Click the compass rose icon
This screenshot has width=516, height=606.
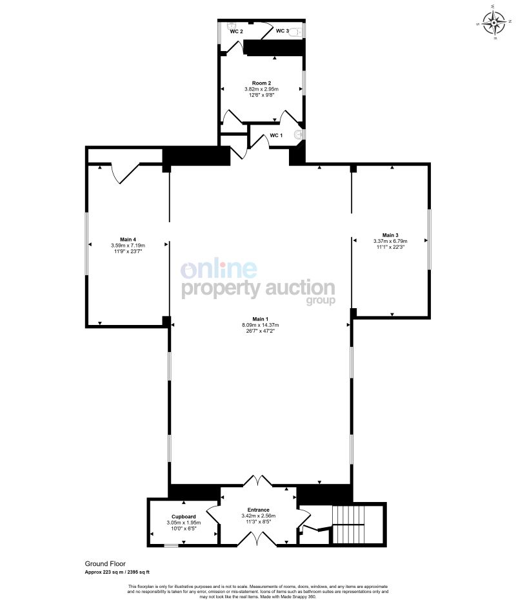pyautogui.click(x=494, y=23)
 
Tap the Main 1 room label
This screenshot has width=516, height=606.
pyautogui.click(x=258, y=319)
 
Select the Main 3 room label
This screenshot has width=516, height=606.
pyautogui.click(x=390, y=235)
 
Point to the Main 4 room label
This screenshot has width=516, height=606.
pyautogui.click(x=128, y=239)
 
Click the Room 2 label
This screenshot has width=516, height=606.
pyautogui.click(x=261, y=83)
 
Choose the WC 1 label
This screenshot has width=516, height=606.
pyautogui.click(x=276, y=135)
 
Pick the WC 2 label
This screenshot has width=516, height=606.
pyautogui.click(x=236, y=31)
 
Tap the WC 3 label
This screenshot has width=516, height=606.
pyautogui.click(x=282, y=30)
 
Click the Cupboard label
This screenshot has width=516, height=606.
pyautogui.click(x=184, y=517)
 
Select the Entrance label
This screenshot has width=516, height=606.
pyautogui.click(x=258, y=510)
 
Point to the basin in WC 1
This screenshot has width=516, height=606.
pyautogui.click(x=299, y=134)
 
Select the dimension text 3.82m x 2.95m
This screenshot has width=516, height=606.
pyautogui.click(x=261, y=89)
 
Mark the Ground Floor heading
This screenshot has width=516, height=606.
pyautogui.click(x=105, y=564)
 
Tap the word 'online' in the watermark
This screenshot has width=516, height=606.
pyautogui.click(x=219, y=269)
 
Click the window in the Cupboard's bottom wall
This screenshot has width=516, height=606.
pyautogui.click(x=170, y=546)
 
